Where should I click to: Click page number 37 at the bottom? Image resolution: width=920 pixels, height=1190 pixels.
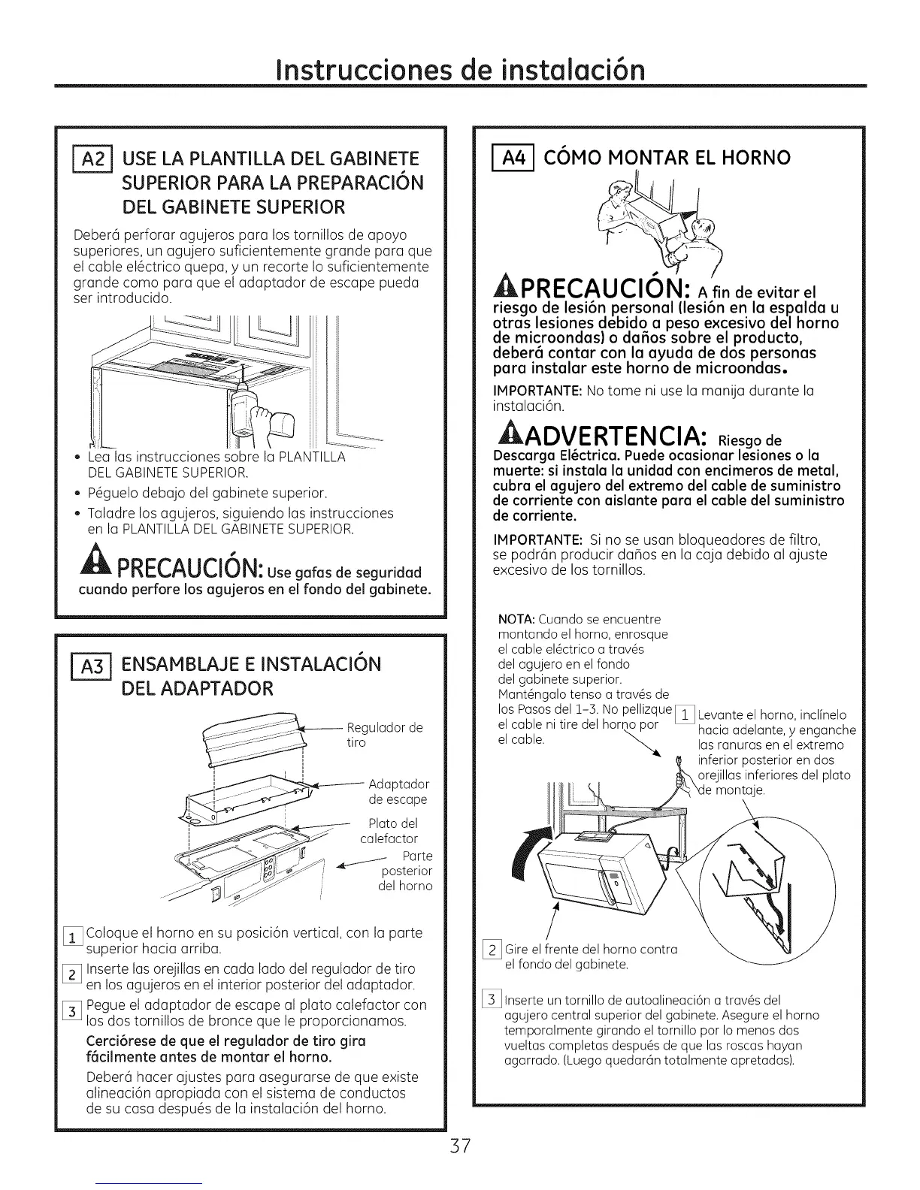pyautogui.click(x=460, y=1146)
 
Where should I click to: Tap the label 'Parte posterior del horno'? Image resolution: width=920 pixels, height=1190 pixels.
pyautogui.click(x=407, y=871)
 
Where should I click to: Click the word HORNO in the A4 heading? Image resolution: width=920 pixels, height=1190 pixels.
pyautogui.click(x=754, y=158)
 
